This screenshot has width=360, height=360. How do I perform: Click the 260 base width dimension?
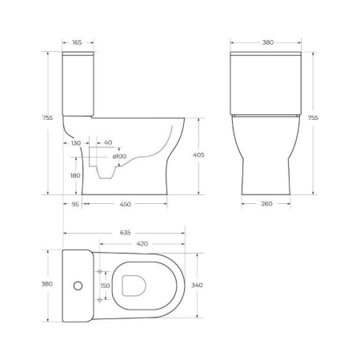tap(266, 204)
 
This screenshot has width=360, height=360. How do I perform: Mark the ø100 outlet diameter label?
tap(119, 155)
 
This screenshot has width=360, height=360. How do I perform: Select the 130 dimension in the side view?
tap(75, 143)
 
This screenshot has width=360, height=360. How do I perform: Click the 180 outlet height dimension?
tap(75, 175)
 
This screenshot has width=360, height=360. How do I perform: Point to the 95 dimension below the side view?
tap(74, 204)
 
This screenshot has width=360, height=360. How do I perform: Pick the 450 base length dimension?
tap(126, 204)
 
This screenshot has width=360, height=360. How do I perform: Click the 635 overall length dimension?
tap(126, 233)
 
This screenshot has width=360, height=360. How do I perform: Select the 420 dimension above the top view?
tap(142, 243)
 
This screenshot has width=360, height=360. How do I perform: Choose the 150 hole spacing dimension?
tap(104, 285)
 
